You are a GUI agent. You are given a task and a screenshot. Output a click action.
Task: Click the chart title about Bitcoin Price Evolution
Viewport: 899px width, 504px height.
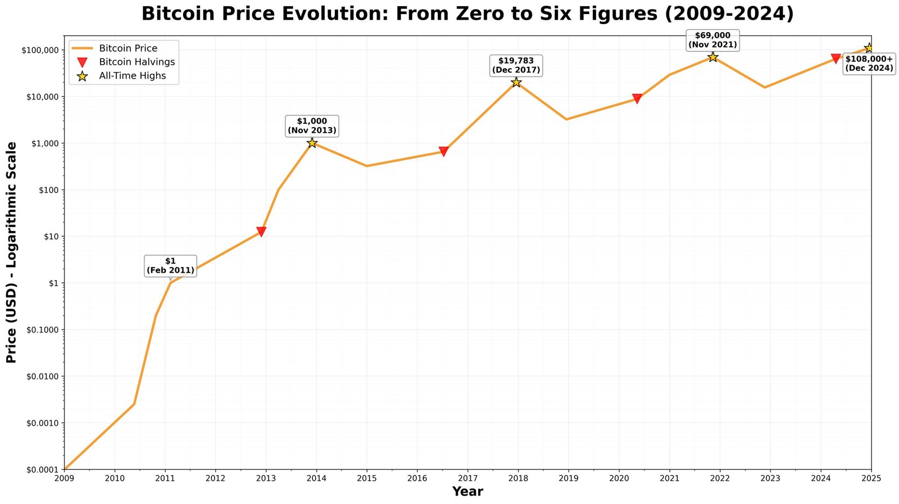pyautogui.click(x=467, y=13)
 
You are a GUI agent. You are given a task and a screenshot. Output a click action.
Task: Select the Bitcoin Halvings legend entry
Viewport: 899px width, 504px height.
pyautogui.click(x=137, y=62)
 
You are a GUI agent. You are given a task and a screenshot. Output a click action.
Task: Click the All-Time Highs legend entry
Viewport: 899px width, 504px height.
pyautogui.click(x=132, y=76)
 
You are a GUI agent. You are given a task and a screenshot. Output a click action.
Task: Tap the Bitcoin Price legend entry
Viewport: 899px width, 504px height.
pyautogui.click(x=128, y=48)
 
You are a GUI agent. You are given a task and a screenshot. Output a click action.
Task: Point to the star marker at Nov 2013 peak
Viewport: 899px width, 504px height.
pyautogui.click(x=312, y=143)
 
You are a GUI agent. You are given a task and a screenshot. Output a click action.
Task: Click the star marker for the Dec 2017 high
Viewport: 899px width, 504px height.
pyautogui.click(x=516, y=82)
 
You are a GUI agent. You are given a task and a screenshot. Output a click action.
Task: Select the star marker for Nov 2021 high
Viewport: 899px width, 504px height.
pyautogui.click(x=712, y=57)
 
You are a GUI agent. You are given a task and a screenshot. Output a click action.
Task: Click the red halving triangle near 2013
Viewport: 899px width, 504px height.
pyautogui.click(x=261, y=232)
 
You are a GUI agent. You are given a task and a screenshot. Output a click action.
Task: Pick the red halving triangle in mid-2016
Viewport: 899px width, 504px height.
pyautogui.click(x=443, y=151)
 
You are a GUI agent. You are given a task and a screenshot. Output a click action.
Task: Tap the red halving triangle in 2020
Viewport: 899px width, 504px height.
pyautogui.click(x=637, y=99)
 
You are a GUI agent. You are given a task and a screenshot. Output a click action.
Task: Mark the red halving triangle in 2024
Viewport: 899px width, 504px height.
pyautogui.click(x=836, y=58)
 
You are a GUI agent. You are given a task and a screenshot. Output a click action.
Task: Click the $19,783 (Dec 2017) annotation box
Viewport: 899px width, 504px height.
pyautogui.click(x=516, y=65)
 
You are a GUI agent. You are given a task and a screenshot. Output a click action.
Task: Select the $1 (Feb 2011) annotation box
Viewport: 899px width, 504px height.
pyautogui.click(x=170, y=265)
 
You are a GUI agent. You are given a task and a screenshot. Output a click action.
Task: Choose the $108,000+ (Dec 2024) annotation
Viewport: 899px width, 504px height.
pyautogui.click(x=869, y=64)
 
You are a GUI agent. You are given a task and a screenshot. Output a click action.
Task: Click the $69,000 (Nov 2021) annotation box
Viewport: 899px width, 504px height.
pyautogui.click(x=712, y=40)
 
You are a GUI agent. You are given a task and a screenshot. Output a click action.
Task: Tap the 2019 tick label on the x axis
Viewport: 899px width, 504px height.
pyautogui.click(x=568, y=478)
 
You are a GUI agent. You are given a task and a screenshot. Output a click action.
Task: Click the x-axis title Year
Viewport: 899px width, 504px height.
pyautogui.click(x=467, y=492)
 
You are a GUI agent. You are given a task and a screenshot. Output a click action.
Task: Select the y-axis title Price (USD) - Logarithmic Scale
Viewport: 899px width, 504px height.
pyautogui.click(x=11, y=252)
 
